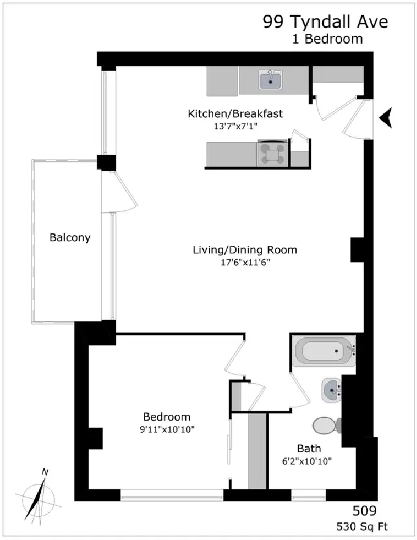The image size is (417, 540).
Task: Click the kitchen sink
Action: [x=270, y=80]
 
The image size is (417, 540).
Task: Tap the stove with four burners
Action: [x=272, y=154]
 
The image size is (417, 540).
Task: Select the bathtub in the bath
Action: [x=324, y=351]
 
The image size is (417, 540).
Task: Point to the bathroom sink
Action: [x=331, y=390]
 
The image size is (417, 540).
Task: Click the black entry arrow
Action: [x=386, y=118]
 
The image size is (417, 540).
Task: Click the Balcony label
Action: [x=70, y=238]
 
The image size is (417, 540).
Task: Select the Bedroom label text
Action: [x=167, y=417]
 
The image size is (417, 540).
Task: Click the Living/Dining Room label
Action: [x=245, y=250]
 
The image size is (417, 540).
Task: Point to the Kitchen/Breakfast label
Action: [x=235, y=114]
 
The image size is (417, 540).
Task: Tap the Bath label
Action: [x=309, y=449]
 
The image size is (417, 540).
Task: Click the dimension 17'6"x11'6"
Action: [x=245, y=262]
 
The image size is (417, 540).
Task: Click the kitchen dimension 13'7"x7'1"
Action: [x=235, y=126]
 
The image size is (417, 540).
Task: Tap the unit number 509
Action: [x=365, y=511]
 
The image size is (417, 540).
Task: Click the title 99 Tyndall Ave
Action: [x=326, y=22]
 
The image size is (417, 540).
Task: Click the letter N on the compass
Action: [x=45, y=472]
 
